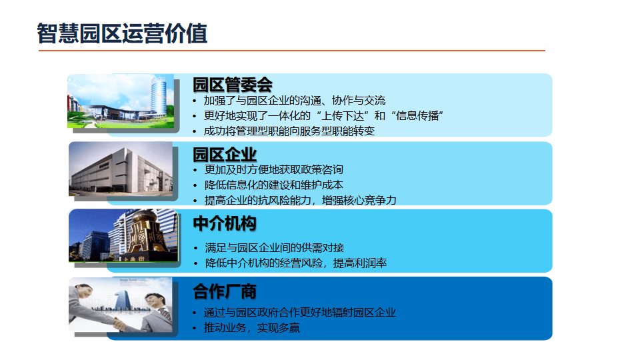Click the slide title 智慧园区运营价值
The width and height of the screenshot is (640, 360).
122,33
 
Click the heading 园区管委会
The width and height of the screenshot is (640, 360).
232,85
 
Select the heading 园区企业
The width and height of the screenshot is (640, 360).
225,155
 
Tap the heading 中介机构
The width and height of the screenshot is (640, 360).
225,224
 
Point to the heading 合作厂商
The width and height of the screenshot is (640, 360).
225,291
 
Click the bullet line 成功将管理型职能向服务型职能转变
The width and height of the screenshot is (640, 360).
289,131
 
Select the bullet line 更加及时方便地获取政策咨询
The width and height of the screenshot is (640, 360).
273,169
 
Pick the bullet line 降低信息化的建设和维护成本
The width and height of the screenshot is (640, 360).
273,185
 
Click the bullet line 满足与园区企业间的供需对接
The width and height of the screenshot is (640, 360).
274,248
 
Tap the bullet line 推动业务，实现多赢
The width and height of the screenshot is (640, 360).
252,328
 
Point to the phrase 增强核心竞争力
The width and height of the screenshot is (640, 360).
359,201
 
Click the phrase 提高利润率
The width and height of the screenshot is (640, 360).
360,263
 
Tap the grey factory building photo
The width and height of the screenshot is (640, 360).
121,169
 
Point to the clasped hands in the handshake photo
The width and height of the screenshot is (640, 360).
119,325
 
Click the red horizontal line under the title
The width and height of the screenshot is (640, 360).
292,51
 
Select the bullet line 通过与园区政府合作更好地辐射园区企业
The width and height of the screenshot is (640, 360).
299,313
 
